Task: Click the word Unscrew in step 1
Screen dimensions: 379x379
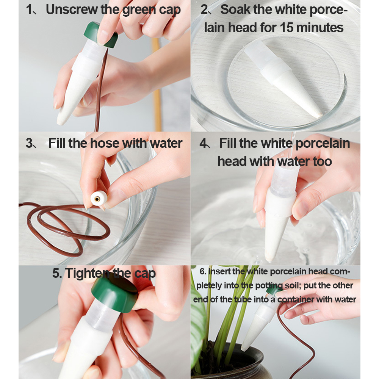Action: tap(72, 10)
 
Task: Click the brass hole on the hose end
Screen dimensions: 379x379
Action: tap(97, 199)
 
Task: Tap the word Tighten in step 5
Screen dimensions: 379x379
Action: tap(88, 273)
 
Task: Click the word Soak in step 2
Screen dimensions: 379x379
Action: tap(235, 10)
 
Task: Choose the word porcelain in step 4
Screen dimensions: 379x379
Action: tap(323, 144)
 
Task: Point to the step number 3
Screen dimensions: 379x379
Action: tap(29, 144)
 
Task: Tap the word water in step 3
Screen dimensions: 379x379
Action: tap(166, 144)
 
